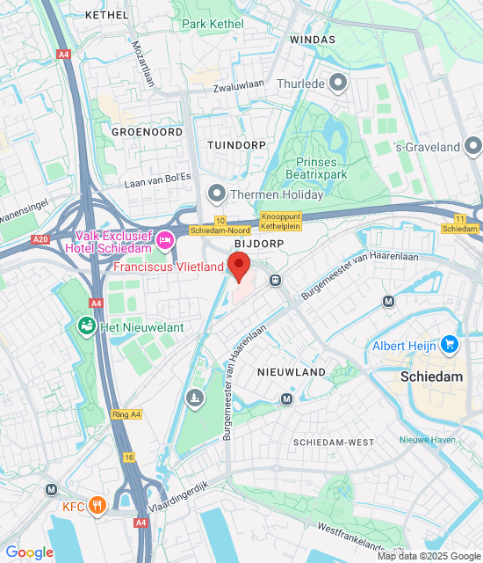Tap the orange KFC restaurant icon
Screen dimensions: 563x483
coord(97,507)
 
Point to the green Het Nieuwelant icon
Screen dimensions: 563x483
coord(87,327)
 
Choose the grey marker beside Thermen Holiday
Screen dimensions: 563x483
coord(216,193)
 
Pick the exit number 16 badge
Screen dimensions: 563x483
coord(129,457)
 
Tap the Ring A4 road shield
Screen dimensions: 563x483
coord(126,414)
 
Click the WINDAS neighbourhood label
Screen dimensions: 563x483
coord(313,40)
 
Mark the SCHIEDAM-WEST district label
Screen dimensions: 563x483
coord(334,442)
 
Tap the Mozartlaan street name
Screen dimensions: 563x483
coord(141,63)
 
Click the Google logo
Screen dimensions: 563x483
coord(29,552)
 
